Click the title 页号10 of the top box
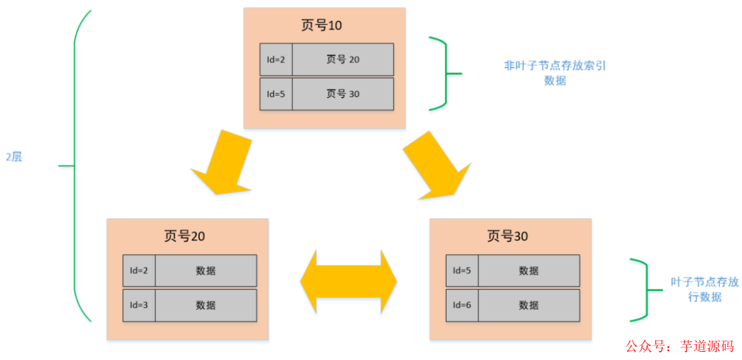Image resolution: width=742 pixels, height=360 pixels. pyautogui.click(x=322, y=25)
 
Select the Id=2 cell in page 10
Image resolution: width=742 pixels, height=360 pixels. pyautogui.click(x=276, y=60)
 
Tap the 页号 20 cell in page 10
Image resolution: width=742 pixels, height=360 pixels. pyautogui.click(x=343, y=60)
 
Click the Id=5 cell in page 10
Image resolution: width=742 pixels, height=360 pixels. pyautogui.click(x=276, y=94)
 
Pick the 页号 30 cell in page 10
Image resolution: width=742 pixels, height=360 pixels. pyautogui.click(x=343, y=94)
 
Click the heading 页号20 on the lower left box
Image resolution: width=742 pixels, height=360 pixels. pyautogui.click(x=184, y=236)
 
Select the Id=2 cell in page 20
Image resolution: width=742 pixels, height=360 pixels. pyautogui.click(x=139, y=271)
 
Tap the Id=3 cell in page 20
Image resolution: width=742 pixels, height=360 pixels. pyautogui.click(x=139, y=305)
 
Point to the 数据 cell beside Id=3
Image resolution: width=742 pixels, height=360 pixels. pyautogui.click(x=205, y=305)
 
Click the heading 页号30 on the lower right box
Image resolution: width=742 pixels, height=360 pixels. pyautogui.click(x=508, y=236)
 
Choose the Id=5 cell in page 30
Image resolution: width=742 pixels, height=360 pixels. pyautogui.click(x=462, y=271)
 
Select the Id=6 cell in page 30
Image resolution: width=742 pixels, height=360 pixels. pyautogui.click(x=462, y=305)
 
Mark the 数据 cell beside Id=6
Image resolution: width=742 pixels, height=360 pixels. pyautogui.click(x=528, y=305)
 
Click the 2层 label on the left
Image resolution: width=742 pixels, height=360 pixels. pyautogui.click(x=14, y=157)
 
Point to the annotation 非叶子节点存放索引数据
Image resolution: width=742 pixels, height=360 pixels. pyautogui.click(x=555, y=73)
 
